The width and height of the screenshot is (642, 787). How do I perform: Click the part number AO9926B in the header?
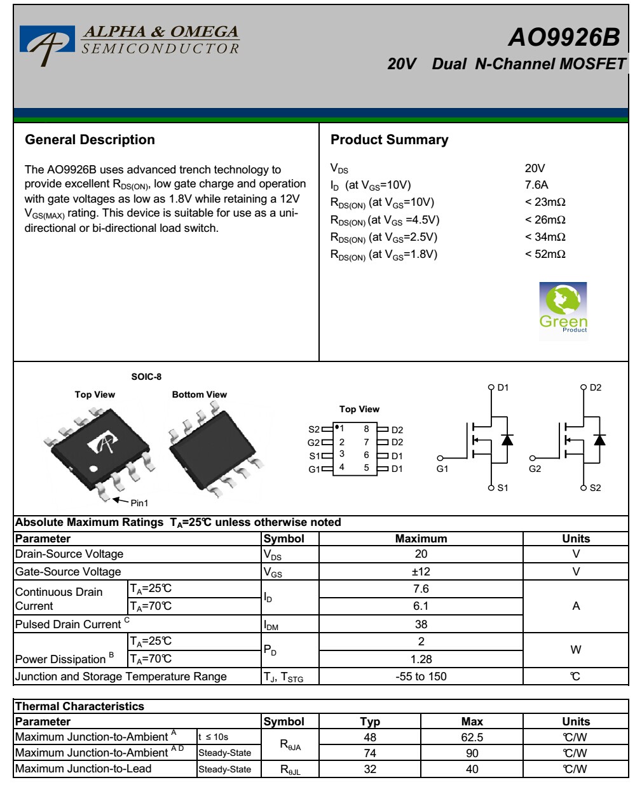click(x=564, y=37)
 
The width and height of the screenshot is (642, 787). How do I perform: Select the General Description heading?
click(x=90, y=140)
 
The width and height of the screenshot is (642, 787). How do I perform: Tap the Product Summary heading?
click(x=389, y=140)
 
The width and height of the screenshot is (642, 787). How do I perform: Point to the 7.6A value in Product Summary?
click(x=536, y=185)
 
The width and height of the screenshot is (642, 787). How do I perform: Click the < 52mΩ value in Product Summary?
click(x=545, y=254)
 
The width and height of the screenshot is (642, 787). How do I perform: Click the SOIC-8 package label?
click(x=146, y=377)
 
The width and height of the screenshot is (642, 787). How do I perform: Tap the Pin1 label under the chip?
click(x=139, y=503)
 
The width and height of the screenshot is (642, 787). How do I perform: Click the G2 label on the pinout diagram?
click(x=313, y=443)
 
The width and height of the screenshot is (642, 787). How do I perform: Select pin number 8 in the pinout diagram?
click(x=366, y=429)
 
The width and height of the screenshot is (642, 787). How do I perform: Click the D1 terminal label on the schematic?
click(x=503, y=387)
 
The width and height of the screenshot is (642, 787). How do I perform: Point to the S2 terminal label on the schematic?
click(x=595, y=488)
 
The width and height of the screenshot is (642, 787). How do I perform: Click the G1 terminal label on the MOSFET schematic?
click(x=442, y=469)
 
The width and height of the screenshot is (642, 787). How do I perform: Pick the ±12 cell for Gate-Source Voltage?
click(x=421, y=572)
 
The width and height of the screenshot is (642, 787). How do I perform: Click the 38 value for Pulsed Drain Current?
click(x=421, y=624)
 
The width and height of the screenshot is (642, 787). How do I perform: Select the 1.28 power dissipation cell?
click(x=421, y=659)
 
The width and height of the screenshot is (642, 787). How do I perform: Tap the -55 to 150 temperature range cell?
click(x=421, y=676)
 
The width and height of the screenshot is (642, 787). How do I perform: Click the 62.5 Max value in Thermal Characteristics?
click(x=472, y=737)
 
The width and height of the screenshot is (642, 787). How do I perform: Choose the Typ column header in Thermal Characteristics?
click(x=370, y=722)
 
